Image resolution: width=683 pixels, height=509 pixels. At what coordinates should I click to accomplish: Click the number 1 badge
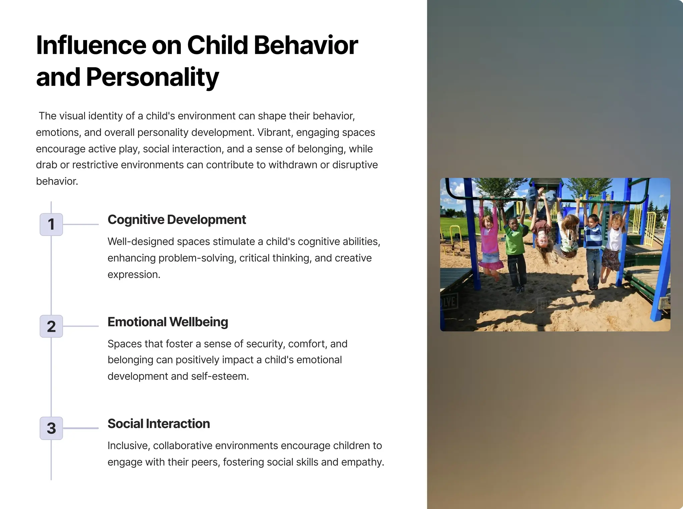point(51,224)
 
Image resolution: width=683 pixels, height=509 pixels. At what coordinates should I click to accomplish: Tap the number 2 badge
point(51,326)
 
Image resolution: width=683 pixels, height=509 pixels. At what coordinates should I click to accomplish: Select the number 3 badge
point(51,428)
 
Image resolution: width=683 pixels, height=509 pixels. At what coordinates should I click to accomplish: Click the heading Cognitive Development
point(176,220)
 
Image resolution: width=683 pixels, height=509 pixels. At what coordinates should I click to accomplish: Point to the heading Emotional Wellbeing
point(168,322)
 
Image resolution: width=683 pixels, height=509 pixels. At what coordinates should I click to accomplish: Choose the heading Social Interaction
point(159,424)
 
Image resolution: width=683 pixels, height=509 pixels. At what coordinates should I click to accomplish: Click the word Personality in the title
point(152,77)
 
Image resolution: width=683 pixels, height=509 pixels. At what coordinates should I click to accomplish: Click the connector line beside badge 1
point(81,224)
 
